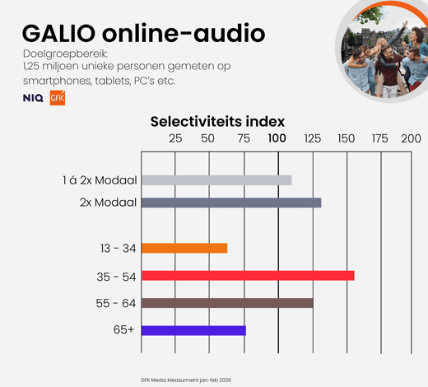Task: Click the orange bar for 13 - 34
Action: (184, 248)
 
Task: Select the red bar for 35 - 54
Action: (248, 276)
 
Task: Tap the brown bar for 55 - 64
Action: (227, 303)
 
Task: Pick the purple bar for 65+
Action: (193, 330)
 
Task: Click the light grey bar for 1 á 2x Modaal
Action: (216, 180)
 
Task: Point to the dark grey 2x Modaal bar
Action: (231, 203)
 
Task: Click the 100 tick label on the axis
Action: (277, 138)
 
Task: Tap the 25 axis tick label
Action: (175, 138)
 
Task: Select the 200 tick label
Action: (411, 138)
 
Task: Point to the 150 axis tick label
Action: (347, 138)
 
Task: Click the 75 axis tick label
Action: (244, 138)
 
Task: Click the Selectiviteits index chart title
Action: (217, 122)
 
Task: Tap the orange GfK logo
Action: (58, 98)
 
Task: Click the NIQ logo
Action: (33, 98)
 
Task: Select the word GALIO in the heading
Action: (58, 34)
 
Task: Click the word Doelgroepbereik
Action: (66, 54)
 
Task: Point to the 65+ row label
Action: (124, 329)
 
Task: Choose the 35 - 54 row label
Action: (116, 277)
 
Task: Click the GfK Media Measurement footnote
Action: (186, 380)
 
